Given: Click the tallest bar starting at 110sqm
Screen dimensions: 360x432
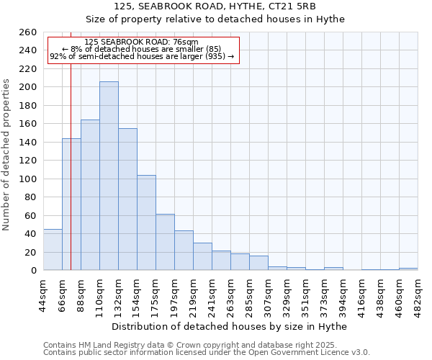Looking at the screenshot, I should pos(109,176).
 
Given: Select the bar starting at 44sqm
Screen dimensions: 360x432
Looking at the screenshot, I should pos(53,250).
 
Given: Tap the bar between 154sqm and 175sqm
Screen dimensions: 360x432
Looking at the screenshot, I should pos(146,222).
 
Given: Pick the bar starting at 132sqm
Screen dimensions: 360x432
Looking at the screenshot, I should pos(127,199).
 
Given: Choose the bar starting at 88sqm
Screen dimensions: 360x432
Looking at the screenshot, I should pos(90,195).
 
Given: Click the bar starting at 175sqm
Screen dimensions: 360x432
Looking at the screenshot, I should pos(165,242).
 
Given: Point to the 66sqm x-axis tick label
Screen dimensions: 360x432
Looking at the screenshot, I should pos(62,294).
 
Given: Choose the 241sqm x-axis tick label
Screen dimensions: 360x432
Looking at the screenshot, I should pos(212,294).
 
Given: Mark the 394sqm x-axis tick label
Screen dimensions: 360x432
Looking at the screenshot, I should pos(343,294).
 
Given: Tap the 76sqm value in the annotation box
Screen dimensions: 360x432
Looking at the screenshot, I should pos(186,42).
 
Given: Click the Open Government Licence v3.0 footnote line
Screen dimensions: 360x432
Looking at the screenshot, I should pos(207,352).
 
